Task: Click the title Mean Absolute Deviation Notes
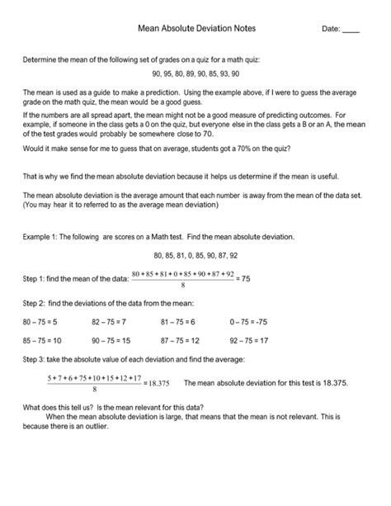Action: click(195, 28)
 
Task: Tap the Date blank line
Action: click(351, 31)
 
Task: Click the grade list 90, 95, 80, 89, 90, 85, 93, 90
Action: click(195, 73)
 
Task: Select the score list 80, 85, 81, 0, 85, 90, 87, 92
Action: click(195, 256)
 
